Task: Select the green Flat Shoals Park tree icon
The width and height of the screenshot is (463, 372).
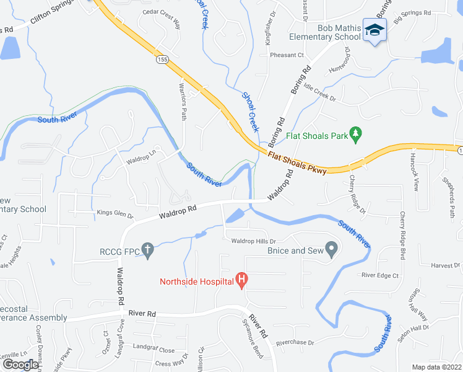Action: tap(355, 133)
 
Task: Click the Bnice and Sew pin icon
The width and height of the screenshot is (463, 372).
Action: tap(331, 250)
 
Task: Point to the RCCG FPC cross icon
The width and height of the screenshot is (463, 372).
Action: tap(147, 250)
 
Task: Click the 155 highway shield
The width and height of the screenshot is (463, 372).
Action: tap(162, 60)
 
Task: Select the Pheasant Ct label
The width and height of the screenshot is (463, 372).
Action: tap(287, 55)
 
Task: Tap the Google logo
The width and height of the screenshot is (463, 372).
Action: tap(20, 364)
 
